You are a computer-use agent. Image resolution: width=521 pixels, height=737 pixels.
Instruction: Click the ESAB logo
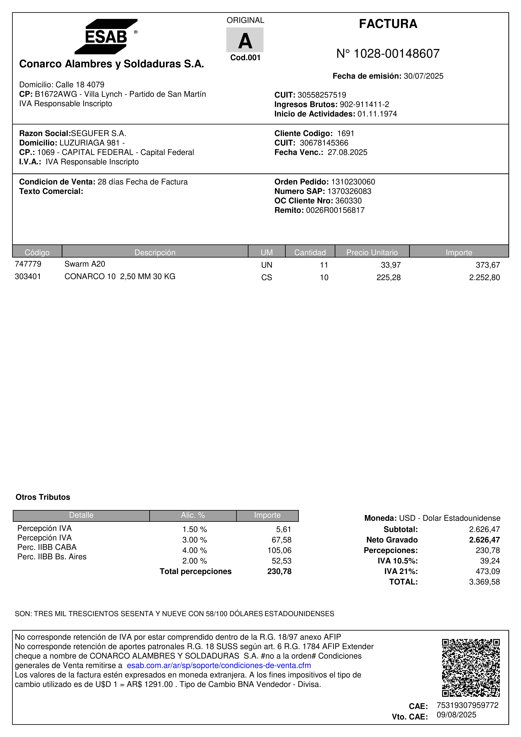click(106, 37)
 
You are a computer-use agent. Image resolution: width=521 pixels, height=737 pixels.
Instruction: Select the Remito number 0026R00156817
click(335, 210)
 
